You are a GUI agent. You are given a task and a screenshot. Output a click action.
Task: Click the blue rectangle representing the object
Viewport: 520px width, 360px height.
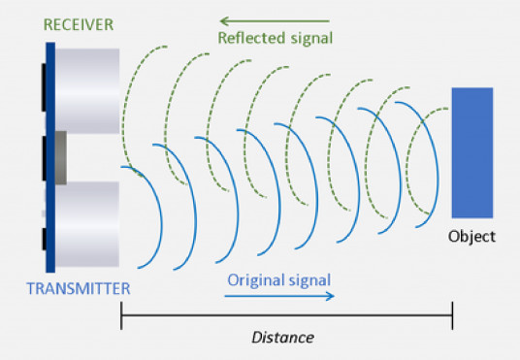click(471, 152)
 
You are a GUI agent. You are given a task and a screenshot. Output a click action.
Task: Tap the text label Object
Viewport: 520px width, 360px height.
click(471, 236)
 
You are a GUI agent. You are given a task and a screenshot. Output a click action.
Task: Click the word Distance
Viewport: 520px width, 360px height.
click(282, 338)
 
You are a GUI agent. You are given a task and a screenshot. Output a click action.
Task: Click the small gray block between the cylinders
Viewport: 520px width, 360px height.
click(60, 157)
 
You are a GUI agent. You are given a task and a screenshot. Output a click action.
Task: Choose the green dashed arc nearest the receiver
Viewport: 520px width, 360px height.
click(124, 107)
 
